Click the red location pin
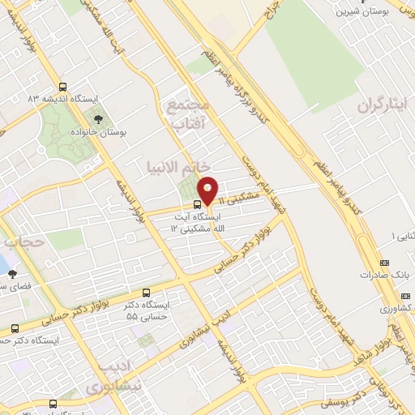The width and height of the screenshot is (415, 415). [x=208, y=190]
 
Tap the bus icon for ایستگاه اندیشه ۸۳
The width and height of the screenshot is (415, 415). [x=63, y=87]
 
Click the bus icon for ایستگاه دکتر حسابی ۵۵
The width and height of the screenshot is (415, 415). [x=146, y=292]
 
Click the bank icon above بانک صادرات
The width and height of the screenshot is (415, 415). [x=384, y=263]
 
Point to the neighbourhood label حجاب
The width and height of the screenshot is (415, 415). [x=19, y=242]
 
